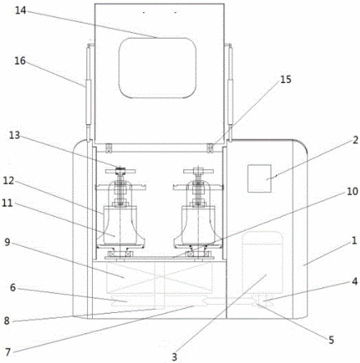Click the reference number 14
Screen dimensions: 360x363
tap(20, 10)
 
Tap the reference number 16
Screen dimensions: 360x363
tap(20, 61)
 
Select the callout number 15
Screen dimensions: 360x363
tap(286, 80)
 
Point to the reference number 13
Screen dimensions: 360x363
tap(15, 136)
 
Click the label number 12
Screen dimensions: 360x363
tap(8, 181)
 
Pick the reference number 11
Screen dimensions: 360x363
tap(7, 203)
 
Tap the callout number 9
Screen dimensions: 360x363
tap(7, 242)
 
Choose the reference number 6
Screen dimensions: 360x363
tap(13, 288)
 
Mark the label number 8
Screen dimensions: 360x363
tap(6, 321)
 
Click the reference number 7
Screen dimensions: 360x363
tap(8, 352)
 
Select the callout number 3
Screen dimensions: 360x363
tap(174, 357)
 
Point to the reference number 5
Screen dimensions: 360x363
tap(331, 340)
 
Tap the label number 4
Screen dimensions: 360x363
tap(355, 282)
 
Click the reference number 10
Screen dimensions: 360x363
tap(352, 191)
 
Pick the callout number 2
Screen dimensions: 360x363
tap(355, 140)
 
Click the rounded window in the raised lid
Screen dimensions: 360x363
tap(157, 68)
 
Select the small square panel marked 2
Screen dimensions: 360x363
tap(259, 178)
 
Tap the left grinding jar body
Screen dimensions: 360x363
tap(120, 225)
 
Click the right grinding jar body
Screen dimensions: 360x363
tap(199, 225)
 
